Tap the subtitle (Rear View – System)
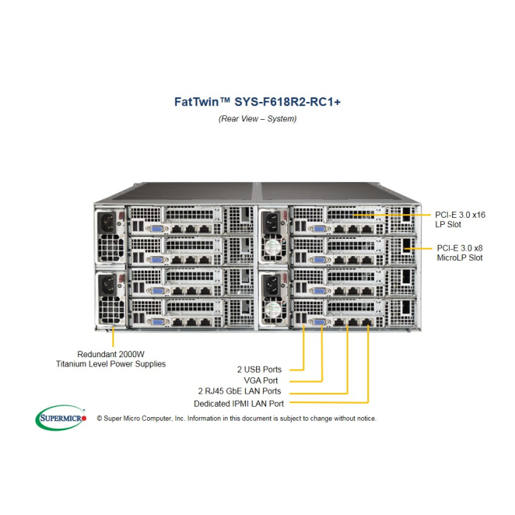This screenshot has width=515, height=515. pyautogui.click(x=257, y=119)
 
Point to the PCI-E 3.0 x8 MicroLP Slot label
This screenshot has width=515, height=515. pyautogui.click(x=460, y=252)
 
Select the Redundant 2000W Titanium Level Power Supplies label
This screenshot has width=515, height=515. pyautogui.click(x=110, y=358)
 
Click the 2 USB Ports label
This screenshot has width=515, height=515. pyautogui.click(x=260, y=369)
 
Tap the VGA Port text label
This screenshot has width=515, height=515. pyautogui.click(x=265, y=380)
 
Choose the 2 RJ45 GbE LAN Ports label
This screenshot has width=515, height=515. pyautogui.click(x=240, y=391)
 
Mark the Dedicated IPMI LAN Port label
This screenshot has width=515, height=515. pyautogui.click(x=239, y=404)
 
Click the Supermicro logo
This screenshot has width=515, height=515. pyautogui.click(x=61, y=418)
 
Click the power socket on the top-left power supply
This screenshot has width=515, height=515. pyautogui.click(x=107, y=224)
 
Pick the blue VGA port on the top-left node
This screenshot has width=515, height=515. pyautogui.click(x=156, y=229)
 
